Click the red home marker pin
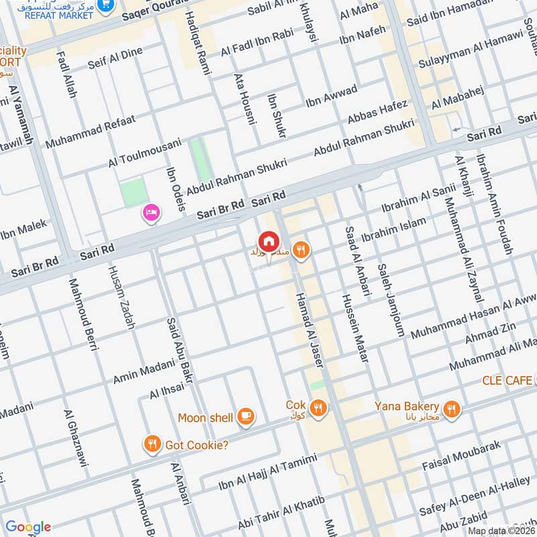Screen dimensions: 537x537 268,240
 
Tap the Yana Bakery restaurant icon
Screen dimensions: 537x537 452,407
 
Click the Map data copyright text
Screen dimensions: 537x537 501,530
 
